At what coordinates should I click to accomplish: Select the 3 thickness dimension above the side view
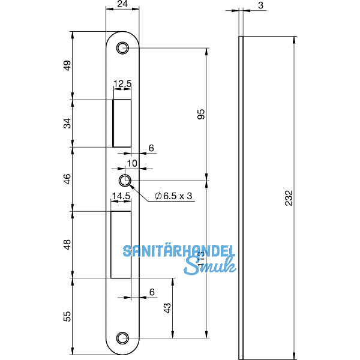coord(262,5)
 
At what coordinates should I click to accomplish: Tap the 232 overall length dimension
coord(289,197)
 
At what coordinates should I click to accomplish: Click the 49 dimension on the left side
coord(67,65)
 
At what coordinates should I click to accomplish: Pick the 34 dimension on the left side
coord(67,123)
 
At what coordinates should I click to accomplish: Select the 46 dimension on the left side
coord(67,178)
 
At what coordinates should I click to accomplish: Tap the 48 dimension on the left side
coord(67,244)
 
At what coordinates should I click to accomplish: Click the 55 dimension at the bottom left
coord(67,315)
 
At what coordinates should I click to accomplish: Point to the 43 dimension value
coord(168,308)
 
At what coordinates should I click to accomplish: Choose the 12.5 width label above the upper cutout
coord(122,85)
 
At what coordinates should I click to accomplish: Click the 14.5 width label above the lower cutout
coord(121,196)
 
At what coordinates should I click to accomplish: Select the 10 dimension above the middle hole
coord(132,163)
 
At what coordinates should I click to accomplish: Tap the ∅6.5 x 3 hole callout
coord(174,196)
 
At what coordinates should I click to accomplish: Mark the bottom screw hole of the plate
coord(124,338)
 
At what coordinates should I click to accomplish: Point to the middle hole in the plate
coord(125,181)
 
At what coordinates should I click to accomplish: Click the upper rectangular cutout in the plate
coord(122,123)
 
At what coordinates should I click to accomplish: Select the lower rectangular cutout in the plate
coord(121,245)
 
